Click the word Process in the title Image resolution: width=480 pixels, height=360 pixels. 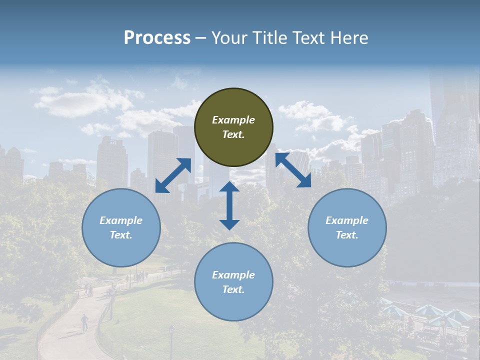157,38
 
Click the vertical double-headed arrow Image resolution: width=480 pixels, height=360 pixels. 229,205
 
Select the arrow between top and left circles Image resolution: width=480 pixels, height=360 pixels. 173,175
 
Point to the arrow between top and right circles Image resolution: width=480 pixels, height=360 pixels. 293,170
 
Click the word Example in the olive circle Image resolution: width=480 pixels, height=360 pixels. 233,120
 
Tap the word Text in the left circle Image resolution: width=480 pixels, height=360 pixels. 121,235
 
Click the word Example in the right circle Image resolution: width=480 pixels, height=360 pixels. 347,220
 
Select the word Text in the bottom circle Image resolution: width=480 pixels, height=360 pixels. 233,289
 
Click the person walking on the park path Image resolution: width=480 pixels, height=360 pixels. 84,322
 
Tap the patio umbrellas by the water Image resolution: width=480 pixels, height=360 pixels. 425,313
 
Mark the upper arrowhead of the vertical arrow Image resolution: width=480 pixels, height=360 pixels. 229,187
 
